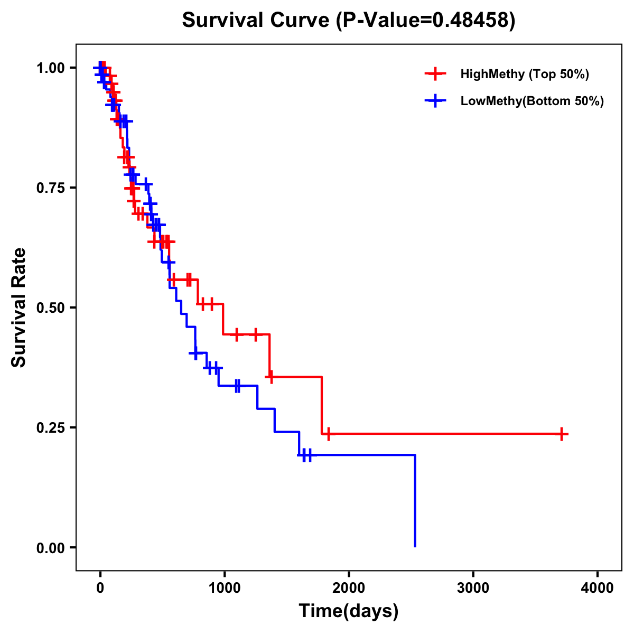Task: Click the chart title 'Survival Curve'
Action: (256, 20)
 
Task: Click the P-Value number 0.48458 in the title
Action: (471, 20)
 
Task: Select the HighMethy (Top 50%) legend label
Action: (524, 74)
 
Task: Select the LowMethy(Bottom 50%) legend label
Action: (532, 101)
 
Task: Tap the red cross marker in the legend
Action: (435, 74)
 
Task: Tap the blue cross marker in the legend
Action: (435, 101)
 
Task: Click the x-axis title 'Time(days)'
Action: (349, 611)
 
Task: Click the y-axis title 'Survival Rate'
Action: (19, 307)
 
